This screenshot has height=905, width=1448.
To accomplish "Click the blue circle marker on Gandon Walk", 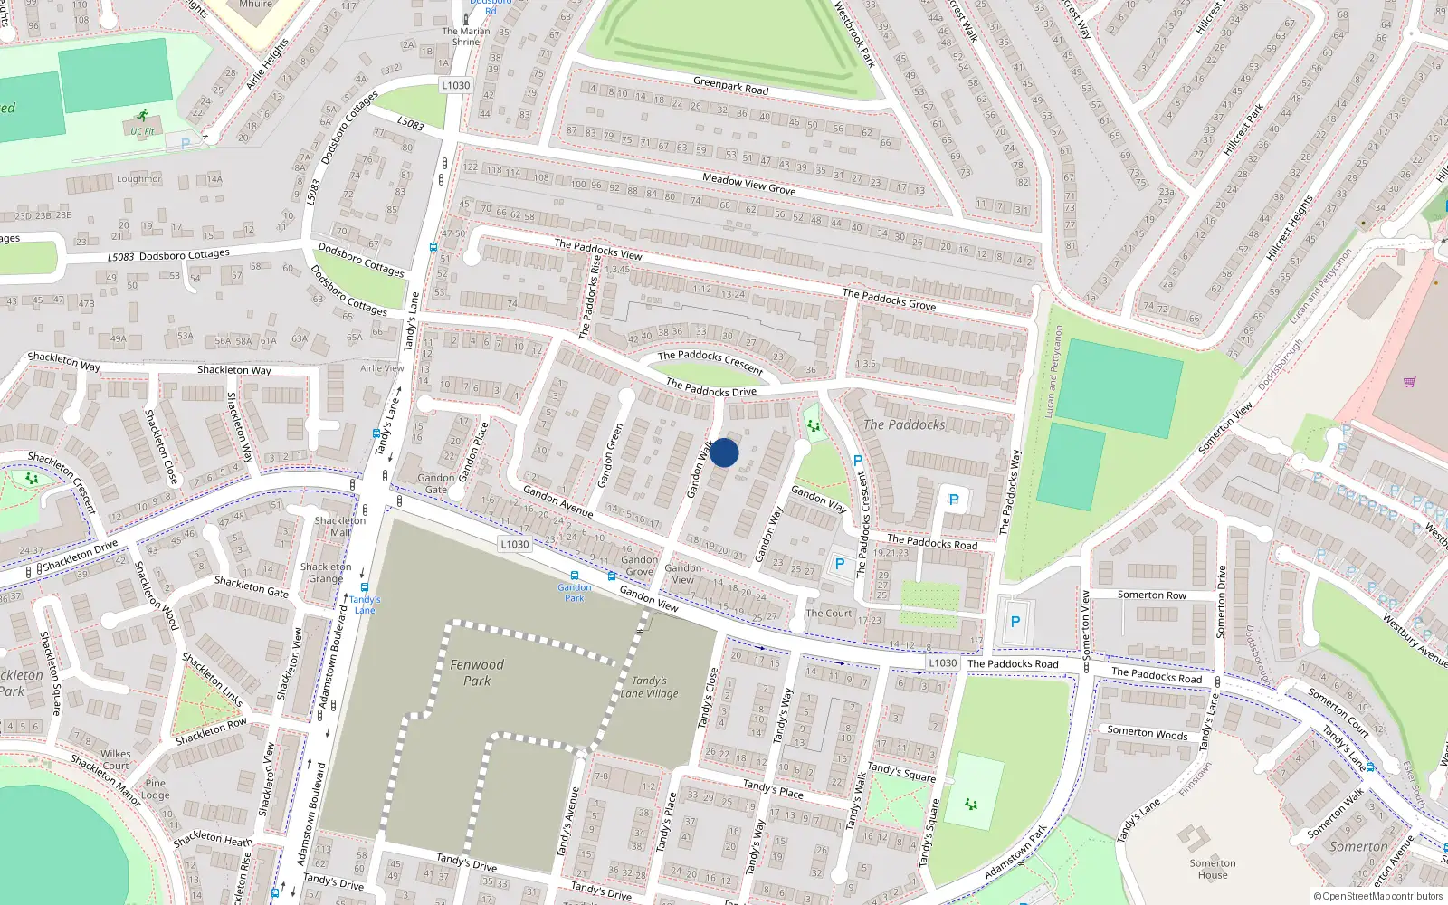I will click(724, 452).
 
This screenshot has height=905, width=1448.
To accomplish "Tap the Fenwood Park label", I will click(477, 672).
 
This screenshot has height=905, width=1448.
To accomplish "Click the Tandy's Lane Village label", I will click(649, 687).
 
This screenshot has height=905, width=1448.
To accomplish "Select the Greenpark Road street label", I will click(730, 86).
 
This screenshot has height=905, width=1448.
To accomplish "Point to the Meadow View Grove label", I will click(749, 185).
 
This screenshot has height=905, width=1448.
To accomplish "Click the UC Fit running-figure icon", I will click(142, 115).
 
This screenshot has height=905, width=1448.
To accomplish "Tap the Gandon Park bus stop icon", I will click(574, 576).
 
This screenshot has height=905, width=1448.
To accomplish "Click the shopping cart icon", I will click(1409, 381).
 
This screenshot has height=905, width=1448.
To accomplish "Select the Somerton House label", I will click(1213, 869).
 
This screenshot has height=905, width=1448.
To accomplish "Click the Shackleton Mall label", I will click(340, 527).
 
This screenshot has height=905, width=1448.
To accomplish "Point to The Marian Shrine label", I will click(466, 36).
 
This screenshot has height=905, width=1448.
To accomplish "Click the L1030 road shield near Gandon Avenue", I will click(514, 544).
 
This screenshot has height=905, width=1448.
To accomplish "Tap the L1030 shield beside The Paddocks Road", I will click(942, 663).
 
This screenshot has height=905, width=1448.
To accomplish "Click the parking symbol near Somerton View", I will click(1015, 622).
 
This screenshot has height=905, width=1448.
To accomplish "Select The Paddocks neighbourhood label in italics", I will click(904, 424).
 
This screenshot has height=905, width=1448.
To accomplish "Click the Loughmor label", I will click(138, 179).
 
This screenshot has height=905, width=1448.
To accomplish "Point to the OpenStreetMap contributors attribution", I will click(1377, 897).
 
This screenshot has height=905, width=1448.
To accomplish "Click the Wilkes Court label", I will click(115, 759).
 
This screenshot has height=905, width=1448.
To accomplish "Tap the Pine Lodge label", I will click(155, 789).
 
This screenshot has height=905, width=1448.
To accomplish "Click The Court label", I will click(829, 613).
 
